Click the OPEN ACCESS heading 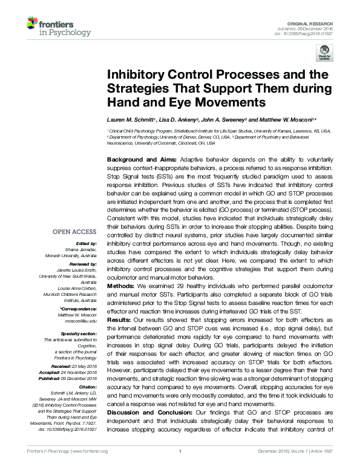75,232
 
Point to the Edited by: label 85,243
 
